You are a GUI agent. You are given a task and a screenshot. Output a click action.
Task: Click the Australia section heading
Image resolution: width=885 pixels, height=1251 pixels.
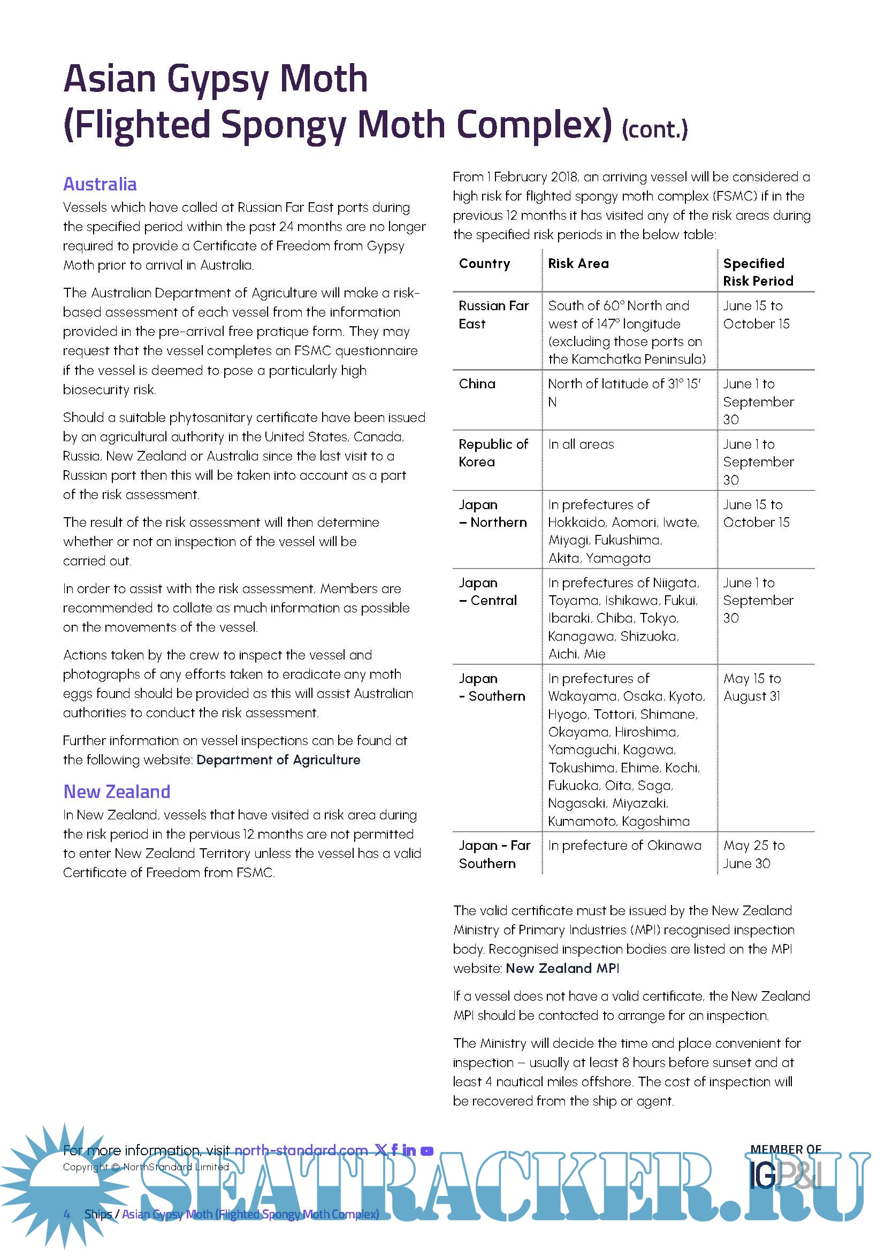[x=100, y=184]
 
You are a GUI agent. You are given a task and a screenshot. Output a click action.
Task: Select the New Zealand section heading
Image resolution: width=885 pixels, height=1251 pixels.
[x=117, y=791]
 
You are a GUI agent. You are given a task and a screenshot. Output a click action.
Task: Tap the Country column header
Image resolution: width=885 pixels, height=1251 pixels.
[x=484, y=264]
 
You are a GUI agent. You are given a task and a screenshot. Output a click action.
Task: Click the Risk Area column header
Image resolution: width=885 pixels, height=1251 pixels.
[x=578, y=264]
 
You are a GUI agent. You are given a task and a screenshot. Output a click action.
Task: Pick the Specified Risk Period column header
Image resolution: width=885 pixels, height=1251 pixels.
[x=758, y=272]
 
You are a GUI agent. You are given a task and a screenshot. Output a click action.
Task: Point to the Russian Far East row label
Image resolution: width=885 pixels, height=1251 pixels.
[x=493, y=314]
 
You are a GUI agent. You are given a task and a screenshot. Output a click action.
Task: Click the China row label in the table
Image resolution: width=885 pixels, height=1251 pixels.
[x=477, y=383]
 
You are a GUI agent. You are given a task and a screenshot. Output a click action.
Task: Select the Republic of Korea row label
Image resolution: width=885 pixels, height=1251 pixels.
[x=493, y=453]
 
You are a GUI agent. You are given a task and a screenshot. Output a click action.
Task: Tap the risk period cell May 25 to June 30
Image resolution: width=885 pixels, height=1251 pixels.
[x=754, y=854]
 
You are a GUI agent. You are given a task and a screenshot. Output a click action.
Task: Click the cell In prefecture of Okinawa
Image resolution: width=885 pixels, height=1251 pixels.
[x=624, y=845]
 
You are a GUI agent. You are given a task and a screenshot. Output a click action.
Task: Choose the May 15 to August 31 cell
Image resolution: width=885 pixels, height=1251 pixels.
[x=752, y=687]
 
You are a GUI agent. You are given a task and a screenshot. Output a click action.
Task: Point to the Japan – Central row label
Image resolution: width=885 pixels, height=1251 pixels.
[x=488, y=591]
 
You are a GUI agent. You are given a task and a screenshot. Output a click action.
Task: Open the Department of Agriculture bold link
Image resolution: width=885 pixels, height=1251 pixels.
[x=278, y=759]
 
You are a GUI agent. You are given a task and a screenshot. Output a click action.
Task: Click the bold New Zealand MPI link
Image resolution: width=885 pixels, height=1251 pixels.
[x=562, y=968]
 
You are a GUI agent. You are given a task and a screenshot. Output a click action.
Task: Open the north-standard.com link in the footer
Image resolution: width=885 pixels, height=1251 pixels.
[x=301, y=1150]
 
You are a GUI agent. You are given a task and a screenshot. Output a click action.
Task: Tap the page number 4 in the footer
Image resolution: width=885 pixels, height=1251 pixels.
[x=67, y=1214]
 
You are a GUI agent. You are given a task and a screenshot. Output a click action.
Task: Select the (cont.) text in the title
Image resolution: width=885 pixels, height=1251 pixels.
[x=654, y=129]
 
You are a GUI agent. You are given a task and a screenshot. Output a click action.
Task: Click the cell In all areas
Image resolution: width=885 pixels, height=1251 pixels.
[x=581, y=444]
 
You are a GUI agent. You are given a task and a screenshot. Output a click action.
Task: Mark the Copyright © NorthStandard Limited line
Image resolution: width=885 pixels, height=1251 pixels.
[x=146, y=1166]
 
